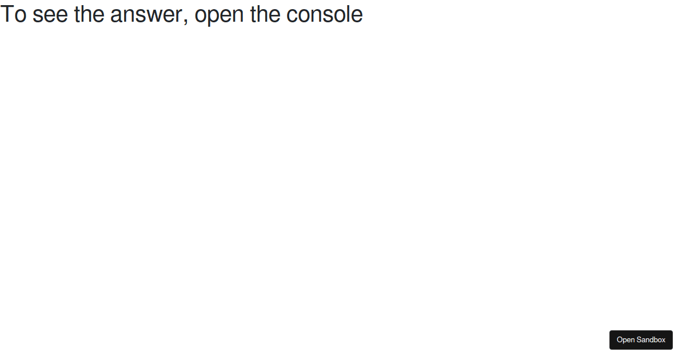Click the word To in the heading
pyautogui.click(x=14, y=14)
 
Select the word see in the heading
pyautogui.click(x=50, y=16)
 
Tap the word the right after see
pyautogui.click(x=89, y=14)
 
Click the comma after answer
pyautogui.click(x=186, y=22)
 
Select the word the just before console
pyautogui.click(x=265, y=14)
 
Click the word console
pyautogui.click(x=325, y=14)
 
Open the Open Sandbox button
pyautogui.click(x=641, y=340)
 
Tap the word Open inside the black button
pyautogui.click(x=625, y=340)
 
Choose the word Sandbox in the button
pyautogui.click(x=651, y=340)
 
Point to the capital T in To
pyautogui.click(x=7, y=14)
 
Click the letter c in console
pyautogui.click(x=293, y=16)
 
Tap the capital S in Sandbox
pyautogui.click(x=639, y=340)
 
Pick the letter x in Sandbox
pyautogui.click(x=663, y=341)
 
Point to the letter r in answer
pyautogui.click(x=179, y=16)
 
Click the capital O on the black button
pyautogui.click(x=620, y=340)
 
